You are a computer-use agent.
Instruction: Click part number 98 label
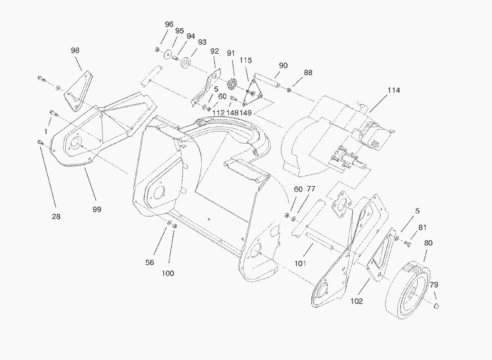[75, 51]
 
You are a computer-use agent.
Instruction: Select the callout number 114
[394, 90]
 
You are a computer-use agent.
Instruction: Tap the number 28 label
[56, 216]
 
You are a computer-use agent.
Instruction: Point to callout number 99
[97, 209]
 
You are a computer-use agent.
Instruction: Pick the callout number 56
[150, 263]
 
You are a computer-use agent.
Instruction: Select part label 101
[300, 263]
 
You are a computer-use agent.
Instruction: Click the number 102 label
[357, 301]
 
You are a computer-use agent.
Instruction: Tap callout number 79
[434, 285]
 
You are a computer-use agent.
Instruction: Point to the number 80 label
[428, 243]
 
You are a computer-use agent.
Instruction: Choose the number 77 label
[311, 189]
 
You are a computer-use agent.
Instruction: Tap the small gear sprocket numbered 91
[232, 84]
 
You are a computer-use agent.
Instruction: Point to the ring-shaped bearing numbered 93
[186, 62]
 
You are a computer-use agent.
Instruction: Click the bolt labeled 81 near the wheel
[407, 244]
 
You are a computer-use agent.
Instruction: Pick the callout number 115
[246, 60]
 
